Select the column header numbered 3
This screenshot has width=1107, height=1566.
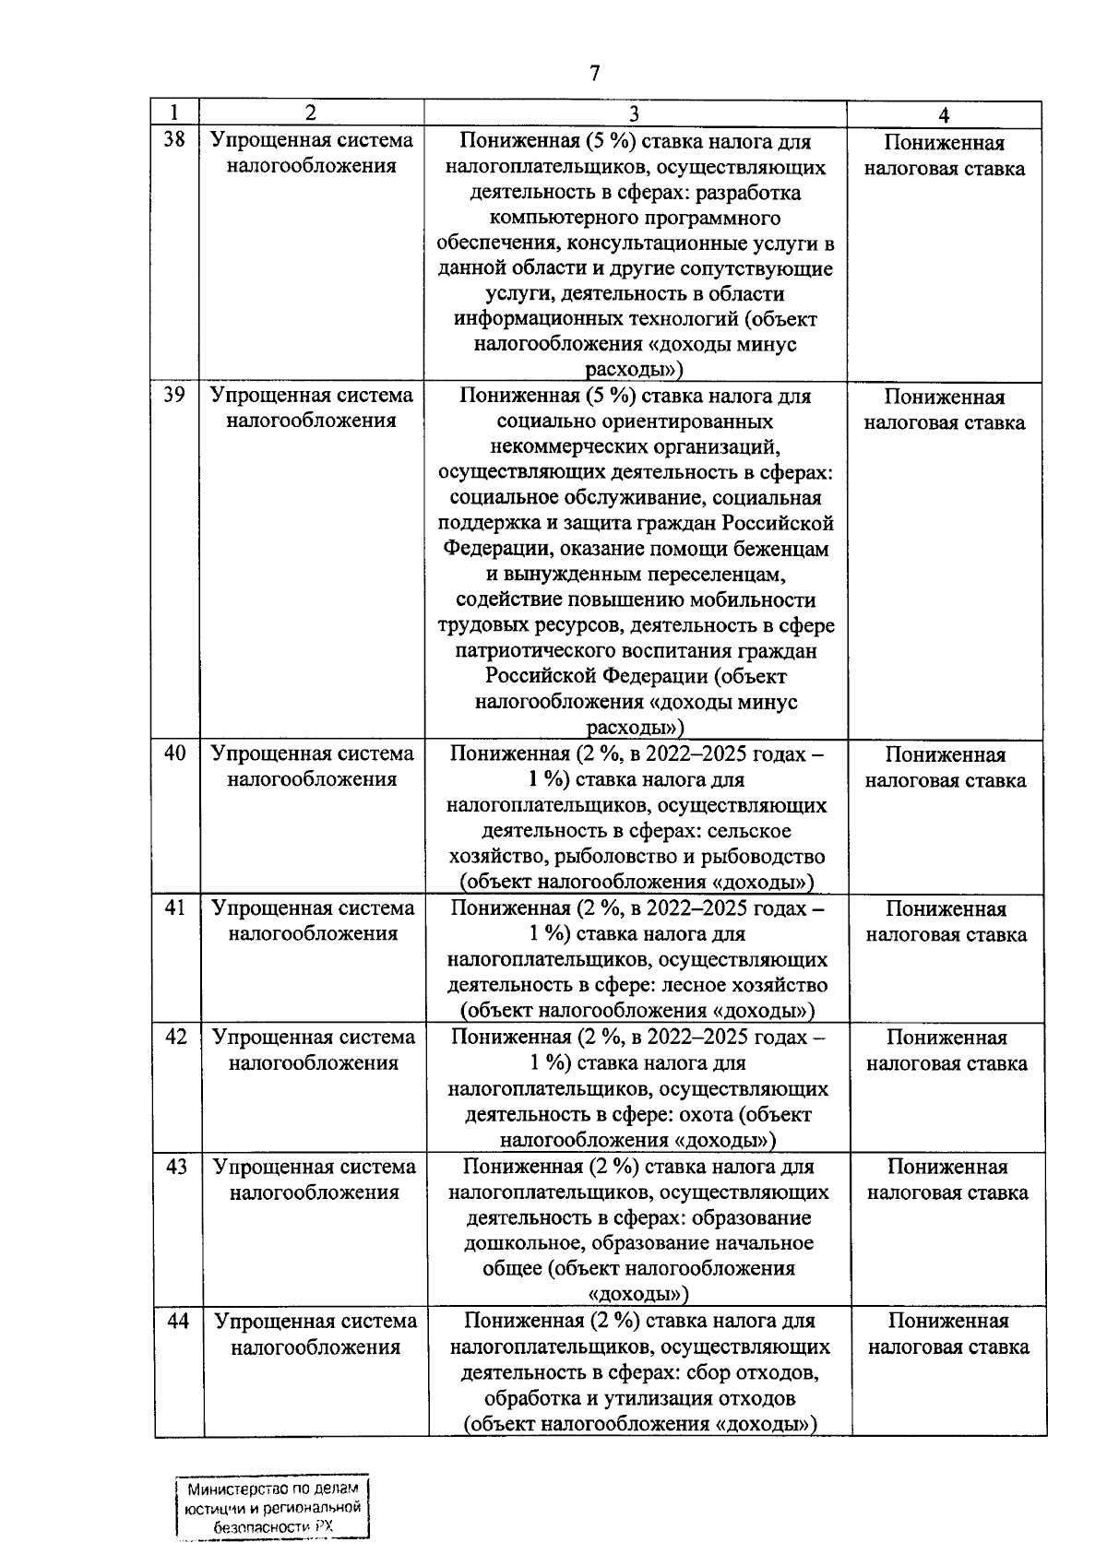(x=634, y=113)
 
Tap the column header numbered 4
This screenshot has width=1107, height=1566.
(x=944, y=115)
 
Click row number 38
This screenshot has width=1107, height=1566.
(x=174, y=140)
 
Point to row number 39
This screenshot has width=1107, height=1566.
(x=174, y=395)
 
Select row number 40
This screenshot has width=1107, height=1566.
(x=175, y=753)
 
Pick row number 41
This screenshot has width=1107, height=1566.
(x=175, y=908)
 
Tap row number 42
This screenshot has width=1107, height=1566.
(x=176, y=1037)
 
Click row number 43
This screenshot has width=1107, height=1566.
(x=176, y=1167)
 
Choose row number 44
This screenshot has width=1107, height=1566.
(x=177, y=1321)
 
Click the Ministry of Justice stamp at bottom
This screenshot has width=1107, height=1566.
(x=272, y=1508)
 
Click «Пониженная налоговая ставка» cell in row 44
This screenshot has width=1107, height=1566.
(x=948, y=1334)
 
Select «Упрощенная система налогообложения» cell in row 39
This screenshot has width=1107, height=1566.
(x=312, y=408)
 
